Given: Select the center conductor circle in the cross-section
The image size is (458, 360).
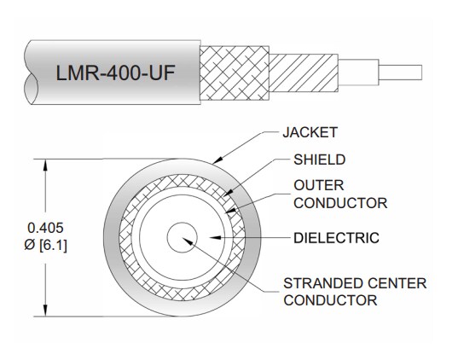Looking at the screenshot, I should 181,238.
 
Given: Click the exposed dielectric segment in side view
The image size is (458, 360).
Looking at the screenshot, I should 357,67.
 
